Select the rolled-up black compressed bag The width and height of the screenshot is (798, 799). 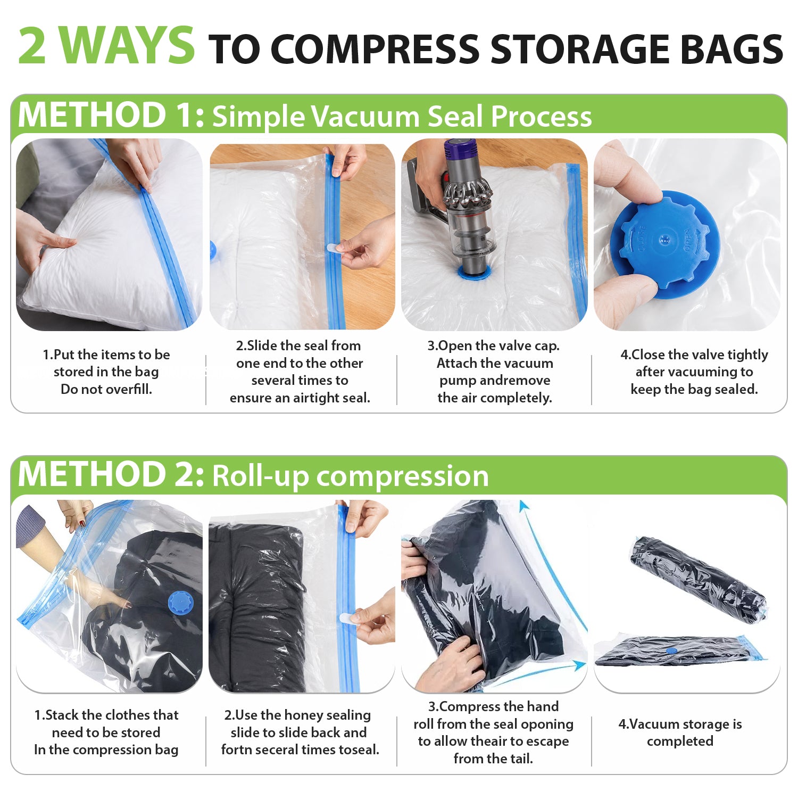point(699,579)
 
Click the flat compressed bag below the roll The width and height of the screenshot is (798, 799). point(680,651)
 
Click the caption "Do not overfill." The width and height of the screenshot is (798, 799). point(106,389)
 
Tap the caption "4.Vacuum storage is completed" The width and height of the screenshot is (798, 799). point(680,732)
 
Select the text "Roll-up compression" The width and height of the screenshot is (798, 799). point(351,475)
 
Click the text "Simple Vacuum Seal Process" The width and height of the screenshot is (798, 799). point(402,116)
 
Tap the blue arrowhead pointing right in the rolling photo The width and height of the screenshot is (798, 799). point(580,665)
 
